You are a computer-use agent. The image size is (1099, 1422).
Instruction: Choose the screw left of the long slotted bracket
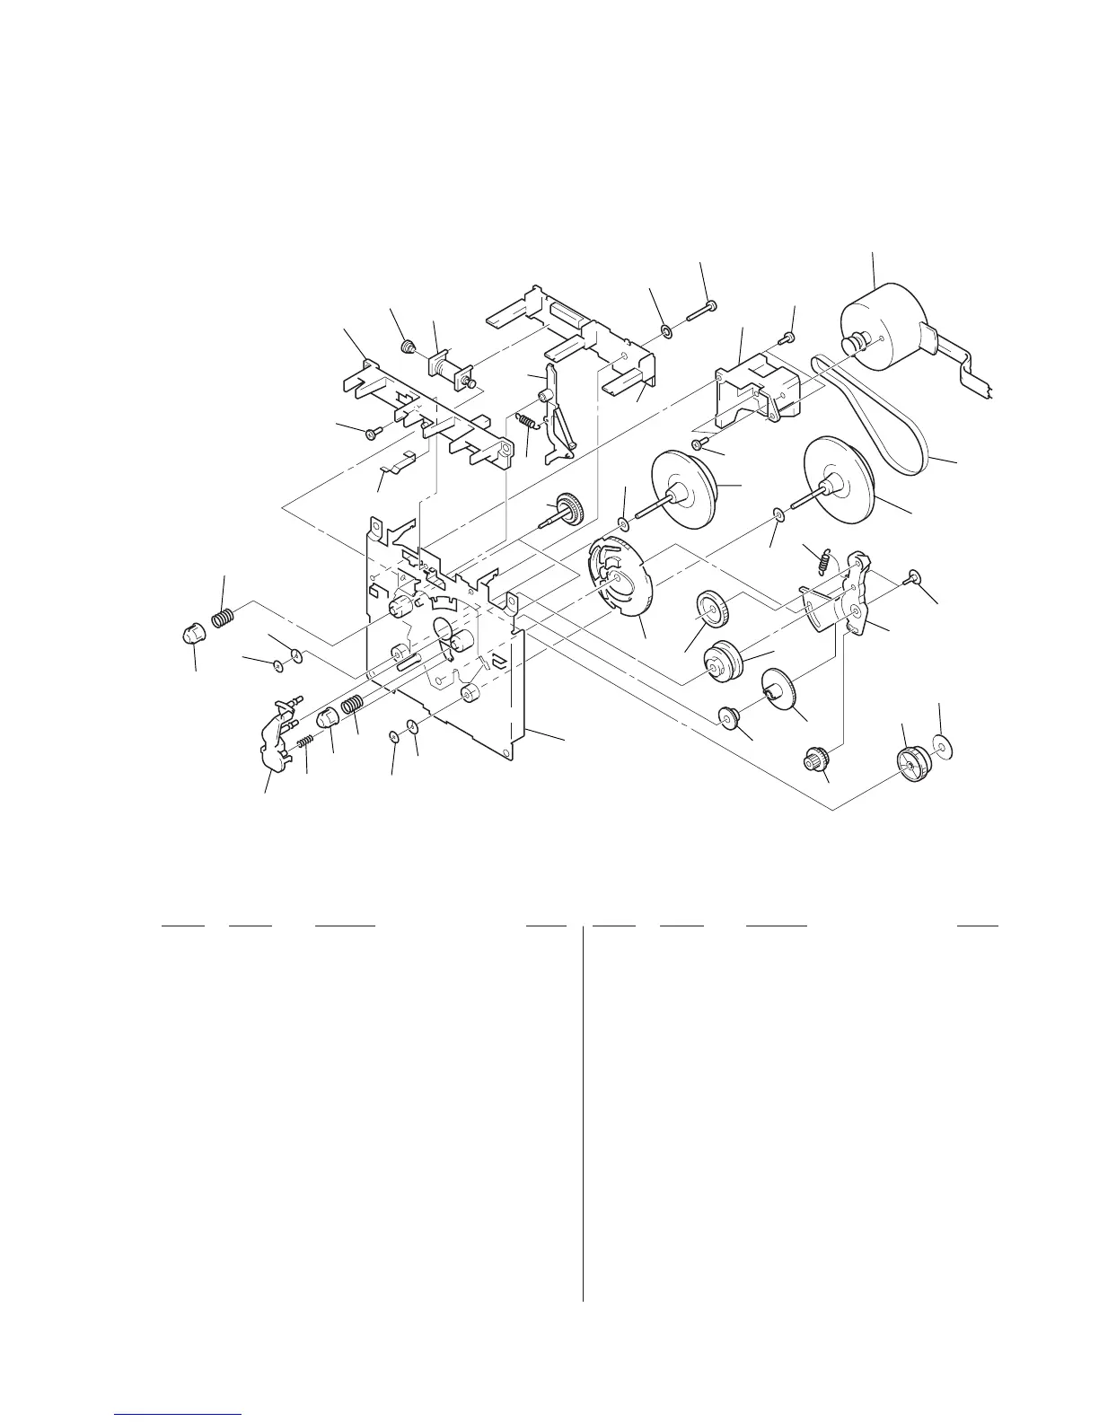[x=373, y=434]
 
